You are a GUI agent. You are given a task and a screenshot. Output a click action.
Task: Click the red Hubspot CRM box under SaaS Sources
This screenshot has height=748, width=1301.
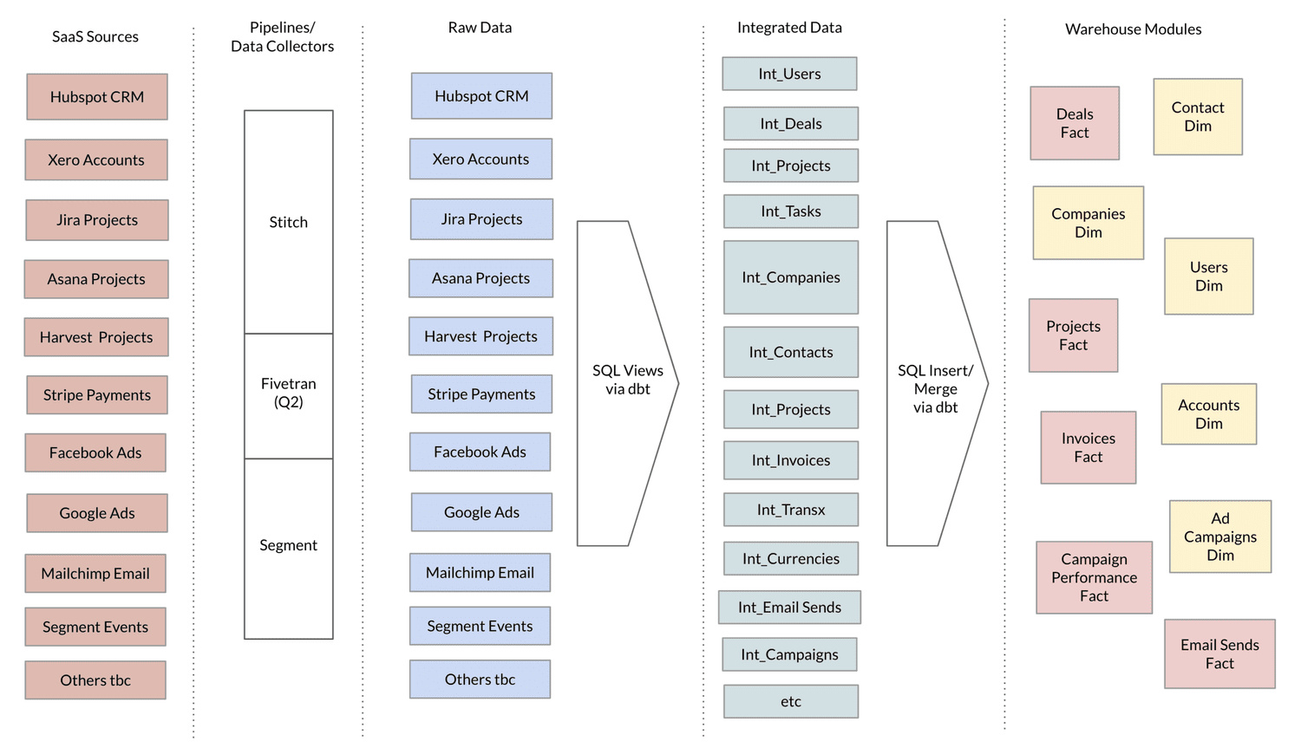tap(96, 97)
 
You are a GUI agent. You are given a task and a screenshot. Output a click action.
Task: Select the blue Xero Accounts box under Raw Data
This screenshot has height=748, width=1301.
tap(481, 159)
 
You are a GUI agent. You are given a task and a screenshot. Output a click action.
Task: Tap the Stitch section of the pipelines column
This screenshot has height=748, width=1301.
tap(288, 222)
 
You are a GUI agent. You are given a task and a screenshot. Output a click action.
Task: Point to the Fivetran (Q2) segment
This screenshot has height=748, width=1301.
tap(288, 394)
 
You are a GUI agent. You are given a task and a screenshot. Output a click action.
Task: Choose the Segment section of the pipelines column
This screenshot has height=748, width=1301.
tap(288, 546)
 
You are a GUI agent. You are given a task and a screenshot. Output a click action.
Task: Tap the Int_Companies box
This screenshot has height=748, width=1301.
tap(790, 277)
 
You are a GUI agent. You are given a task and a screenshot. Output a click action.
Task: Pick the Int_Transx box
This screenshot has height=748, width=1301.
tap(790, 510)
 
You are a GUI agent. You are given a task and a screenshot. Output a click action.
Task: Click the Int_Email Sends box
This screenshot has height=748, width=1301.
tap(789, 608)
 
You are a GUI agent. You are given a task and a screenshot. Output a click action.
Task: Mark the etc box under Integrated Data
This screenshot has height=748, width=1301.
tap(790, 701)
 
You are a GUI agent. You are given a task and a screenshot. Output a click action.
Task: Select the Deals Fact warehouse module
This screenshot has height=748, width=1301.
tap(1074, 123)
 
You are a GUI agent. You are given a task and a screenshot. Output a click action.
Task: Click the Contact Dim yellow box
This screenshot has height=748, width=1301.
tap(1197, 117)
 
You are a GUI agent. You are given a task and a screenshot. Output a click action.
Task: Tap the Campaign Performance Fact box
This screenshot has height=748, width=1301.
tap(1094, 577)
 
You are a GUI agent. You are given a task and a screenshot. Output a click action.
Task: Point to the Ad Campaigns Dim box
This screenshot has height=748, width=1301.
tap(1219, 537)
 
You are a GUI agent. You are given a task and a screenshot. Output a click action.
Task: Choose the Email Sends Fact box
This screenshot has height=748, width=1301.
tap(1219, 654)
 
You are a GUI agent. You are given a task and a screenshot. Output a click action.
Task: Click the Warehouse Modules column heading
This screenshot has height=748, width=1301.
tap(1133, 29)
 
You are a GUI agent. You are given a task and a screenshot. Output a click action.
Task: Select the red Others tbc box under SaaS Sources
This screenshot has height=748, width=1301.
tap(95, 680)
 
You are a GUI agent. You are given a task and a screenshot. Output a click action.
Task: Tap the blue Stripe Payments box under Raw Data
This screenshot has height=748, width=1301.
tap(481, 394)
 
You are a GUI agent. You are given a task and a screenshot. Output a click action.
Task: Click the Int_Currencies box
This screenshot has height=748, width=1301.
tap(790, 559)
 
